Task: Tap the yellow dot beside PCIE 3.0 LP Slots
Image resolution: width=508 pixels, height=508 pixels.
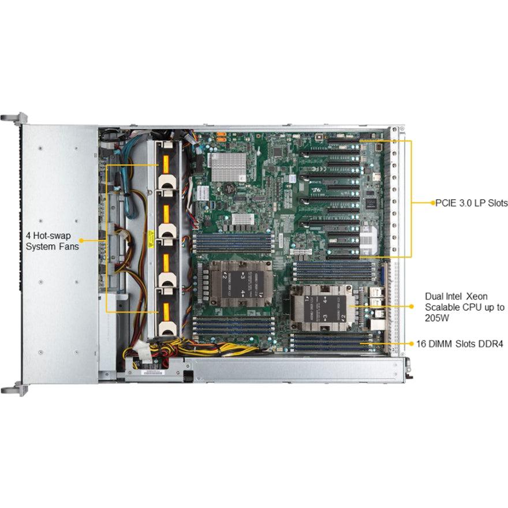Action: click(432, 203)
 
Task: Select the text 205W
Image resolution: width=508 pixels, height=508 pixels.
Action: click(436, 317)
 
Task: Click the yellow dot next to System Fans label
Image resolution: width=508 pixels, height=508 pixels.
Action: click(81, 240)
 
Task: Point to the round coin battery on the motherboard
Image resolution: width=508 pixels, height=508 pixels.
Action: click(230, 188)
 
